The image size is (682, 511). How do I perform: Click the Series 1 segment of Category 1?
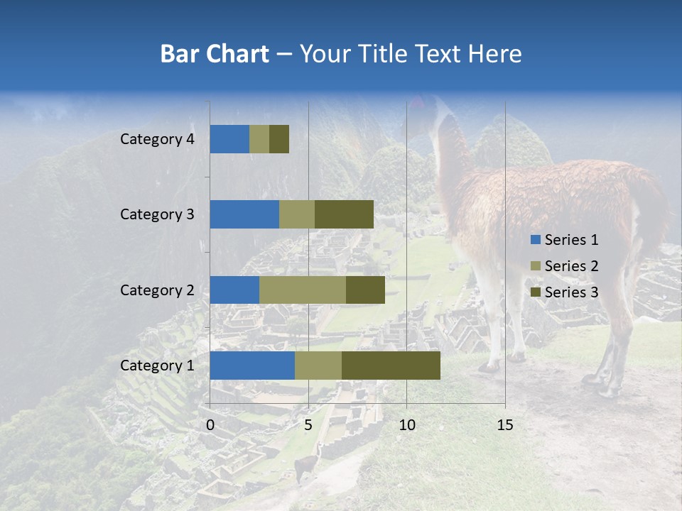252,366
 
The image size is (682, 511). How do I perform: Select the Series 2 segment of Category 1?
318,366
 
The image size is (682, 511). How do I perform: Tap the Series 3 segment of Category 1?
391,366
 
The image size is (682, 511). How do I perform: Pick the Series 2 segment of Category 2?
302,290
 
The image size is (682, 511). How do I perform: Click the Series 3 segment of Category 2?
365,290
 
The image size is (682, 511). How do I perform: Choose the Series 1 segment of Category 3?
244,214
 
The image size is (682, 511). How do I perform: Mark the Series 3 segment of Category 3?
344,214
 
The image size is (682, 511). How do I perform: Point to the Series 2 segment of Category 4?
259,139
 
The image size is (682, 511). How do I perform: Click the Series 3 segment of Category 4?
279,139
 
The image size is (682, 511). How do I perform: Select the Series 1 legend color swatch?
535,240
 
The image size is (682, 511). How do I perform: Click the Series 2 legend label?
571,266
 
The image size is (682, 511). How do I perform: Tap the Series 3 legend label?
571,292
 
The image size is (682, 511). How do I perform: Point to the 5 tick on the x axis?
308,425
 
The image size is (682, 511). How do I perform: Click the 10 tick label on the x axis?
406,425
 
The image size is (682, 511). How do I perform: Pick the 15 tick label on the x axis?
505,425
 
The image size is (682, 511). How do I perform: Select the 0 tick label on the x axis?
210,425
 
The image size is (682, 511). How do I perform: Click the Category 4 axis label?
157,139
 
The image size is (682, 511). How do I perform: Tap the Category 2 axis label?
157,290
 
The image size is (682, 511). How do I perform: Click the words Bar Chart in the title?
215,54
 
